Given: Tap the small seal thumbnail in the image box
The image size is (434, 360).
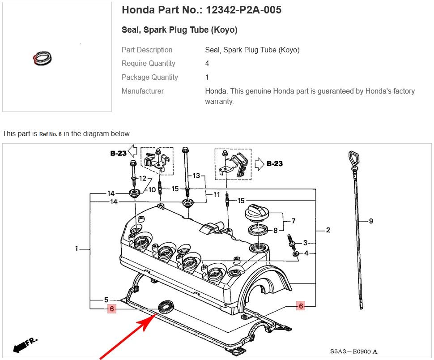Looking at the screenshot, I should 43,58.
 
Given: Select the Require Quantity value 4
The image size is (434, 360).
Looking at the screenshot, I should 207,64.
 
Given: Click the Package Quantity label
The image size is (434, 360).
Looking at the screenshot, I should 149,77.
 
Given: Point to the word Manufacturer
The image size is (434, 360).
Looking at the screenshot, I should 142,91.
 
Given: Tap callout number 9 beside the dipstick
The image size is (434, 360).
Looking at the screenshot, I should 371,221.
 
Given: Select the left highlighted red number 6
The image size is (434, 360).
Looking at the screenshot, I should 112,309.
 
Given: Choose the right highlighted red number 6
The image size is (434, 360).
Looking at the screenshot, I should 301,306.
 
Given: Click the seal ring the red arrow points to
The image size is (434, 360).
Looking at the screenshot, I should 166,307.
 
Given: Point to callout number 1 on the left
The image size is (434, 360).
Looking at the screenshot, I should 77,249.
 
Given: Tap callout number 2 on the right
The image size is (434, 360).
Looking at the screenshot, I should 328,230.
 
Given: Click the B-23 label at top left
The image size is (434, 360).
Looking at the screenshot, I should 119,153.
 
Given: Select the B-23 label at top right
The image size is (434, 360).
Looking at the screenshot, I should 274,163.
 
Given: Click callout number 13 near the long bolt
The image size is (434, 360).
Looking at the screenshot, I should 196,176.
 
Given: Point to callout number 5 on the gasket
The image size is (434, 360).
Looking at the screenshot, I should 106,300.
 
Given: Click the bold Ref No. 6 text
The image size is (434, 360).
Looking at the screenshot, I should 50,134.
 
